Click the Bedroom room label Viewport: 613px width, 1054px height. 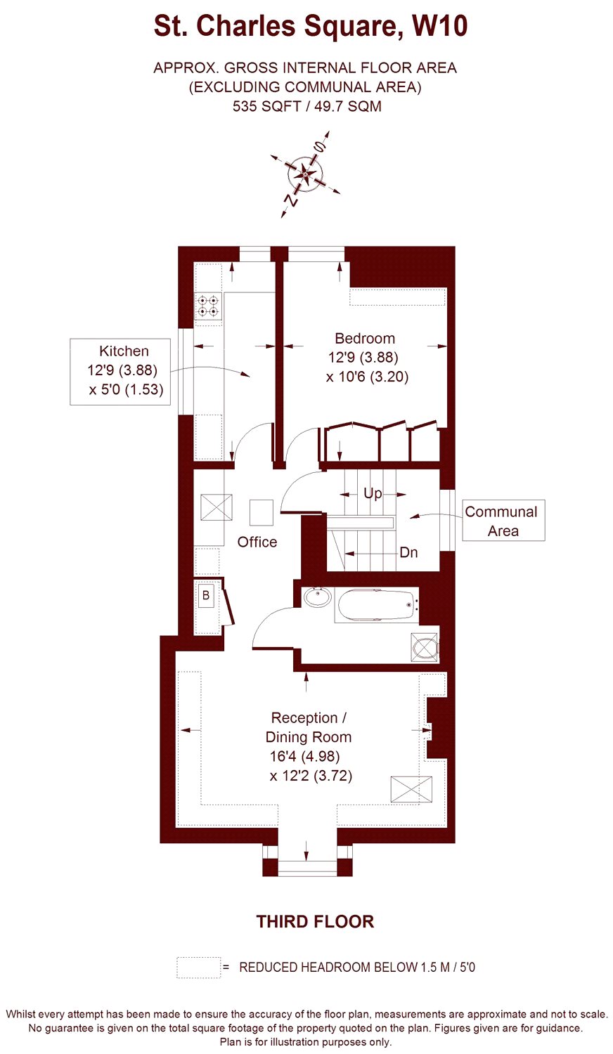tap(365, 338)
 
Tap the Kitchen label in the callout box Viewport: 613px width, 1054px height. tap(124, 351)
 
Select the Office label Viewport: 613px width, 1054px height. tap(257, 542)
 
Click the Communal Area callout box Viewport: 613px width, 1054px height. tap(503, 521)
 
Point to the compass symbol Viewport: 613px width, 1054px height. tap(305, 174)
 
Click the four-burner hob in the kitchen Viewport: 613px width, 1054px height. tap(208, 305)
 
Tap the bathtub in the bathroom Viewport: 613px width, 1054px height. tap(376, 605)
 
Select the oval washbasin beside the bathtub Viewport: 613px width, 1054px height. tap(317, 597)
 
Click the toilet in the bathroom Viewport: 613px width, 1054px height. tap(425, 647)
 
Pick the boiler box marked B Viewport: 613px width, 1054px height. tap(206, 595)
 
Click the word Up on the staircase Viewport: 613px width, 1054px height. tap(373, 493)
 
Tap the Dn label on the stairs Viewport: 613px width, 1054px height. tap(408, 552)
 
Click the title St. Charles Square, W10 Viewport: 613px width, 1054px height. tap(311, 27)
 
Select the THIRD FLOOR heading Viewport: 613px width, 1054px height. tap(315, 921)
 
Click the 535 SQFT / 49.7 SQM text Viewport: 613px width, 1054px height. tap(307, 106)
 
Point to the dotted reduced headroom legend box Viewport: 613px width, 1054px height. tap(199, 968)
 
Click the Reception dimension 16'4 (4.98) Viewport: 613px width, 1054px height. tap(304, 756)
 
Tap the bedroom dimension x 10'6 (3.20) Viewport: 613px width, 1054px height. tap(367, 377)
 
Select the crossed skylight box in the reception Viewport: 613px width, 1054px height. tap(411, 790)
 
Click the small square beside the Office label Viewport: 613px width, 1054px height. tap(262, 512)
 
